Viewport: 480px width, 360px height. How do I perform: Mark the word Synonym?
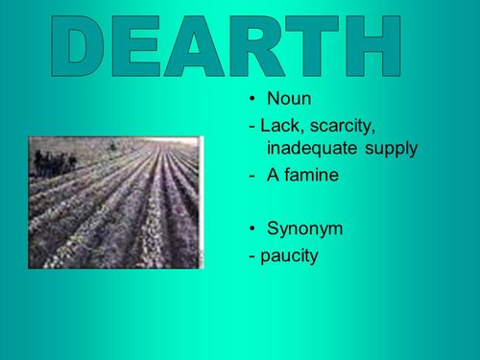pyautogui.click(x=307, y=231)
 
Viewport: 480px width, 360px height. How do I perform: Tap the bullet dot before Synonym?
pyautogui.click(x=252, y=230)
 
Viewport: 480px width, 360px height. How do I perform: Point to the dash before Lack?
pyautogui.click(x=252, y=127)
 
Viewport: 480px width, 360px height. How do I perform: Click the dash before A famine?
pyautogui.click(x=252, y=176)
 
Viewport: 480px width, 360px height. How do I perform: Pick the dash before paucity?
pyautogui.click(x=252, y=257)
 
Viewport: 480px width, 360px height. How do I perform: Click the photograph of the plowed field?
pyautogui.click(x=115, y=202)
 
